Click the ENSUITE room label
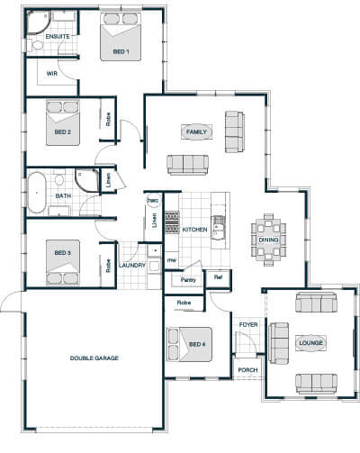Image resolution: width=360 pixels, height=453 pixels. point(58,37)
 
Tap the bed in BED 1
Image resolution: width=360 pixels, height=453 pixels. point(121,37)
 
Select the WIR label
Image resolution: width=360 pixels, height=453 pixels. point(52,73)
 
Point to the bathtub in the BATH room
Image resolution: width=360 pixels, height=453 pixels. point(37,193)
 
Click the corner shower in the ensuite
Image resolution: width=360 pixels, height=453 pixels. point(39,23)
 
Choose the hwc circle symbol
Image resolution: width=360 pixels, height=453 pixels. point(153,200)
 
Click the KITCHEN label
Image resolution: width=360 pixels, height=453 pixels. point(195,230)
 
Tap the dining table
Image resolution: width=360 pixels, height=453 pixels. point(268,240)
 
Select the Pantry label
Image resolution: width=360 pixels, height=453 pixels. point(188,280)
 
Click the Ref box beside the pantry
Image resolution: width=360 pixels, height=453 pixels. point(219,278)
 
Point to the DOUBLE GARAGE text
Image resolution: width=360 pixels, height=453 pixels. point(94,358)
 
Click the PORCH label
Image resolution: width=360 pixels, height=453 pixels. point(247,370)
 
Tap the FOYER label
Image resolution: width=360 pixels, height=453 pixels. point(248,325)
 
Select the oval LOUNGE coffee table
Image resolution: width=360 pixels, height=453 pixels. point(310,342)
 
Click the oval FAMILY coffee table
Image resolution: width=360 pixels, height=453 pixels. point(196,131)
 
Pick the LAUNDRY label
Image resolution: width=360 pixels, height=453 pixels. point(132,266)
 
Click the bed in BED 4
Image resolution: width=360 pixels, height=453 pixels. point(189,344)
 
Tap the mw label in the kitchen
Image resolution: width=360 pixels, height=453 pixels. point(172,260)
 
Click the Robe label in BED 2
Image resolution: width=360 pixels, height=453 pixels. point(108,119)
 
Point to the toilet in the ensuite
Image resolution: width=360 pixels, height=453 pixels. point(35,45)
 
